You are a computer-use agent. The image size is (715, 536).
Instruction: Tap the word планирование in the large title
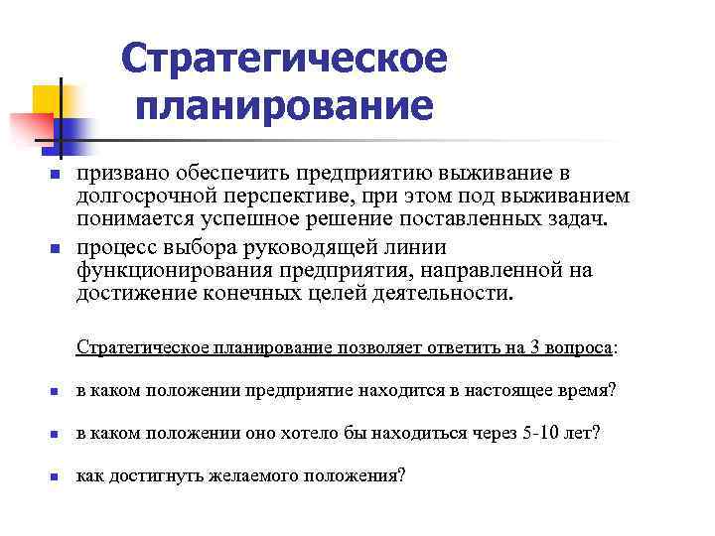coord(285,104)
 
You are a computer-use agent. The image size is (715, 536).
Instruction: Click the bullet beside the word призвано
coord(57,175)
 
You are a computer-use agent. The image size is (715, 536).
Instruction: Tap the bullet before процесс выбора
coord(57,248)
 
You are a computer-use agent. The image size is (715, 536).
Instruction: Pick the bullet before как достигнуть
coord(57,476)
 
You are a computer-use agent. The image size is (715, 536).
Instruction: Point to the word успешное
coord(274,219)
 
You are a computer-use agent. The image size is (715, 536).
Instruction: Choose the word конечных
coord(283,294)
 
